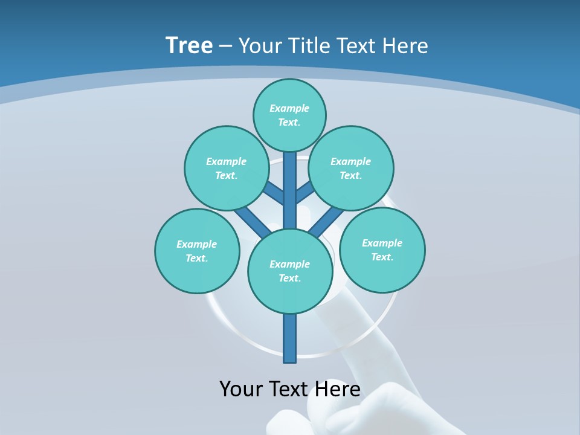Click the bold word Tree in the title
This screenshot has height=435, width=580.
tap(189, 45)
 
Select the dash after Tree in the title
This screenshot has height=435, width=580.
tap(225, 47)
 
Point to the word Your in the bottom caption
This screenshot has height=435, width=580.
tap(242, 389)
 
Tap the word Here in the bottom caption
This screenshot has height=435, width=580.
tap(337, 389)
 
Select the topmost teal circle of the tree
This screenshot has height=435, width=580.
tap(289, 115)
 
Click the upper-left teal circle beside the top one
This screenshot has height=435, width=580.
tap(227, 168)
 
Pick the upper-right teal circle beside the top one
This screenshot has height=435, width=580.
tap(351, 168)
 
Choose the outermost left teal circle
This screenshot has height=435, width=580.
tap(197, 251)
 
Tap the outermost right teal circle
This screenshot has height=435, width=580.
tap(382, 250)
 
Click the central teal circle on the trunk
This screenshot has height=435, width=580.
tap(290, 271)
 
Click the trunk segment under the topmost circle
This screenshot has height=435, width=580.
tap(290, 181)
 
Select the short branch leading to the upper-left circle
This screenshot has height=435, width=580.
tap(274, 194)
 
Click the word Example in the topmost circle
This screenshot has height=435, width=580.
tap(289, 108)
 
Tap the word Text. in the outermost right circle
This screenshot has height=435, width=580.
tap(382, 257)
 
